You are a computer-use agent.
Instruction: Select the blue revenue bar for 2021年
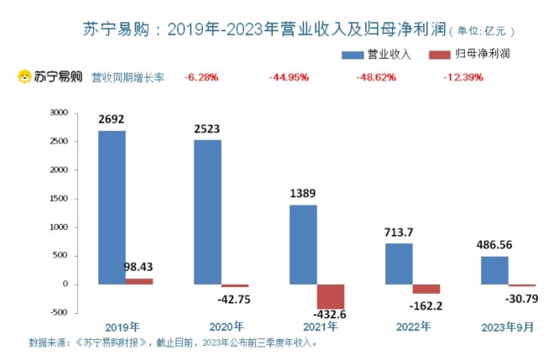pyautogui.click(x=303, y=244)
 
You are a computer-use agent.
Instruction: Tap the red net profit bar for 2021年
pyautogui.click(x=331, y=297)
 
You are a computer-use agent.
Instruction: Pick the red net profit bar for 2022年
pyautogui.click(x=426, y=289)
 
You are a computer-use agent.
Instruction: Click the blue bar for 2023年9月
pyautogui.click(x=494, y=270)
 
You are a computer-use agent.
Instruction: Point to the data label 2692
pyautogui.click(x=112, y=119)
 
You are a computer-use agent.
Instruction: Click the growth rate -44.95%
pyautogui.click(x=288, y=77)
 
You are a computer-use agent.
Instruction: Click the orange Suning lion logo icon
pyautogui.click(x=25, y=77)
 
